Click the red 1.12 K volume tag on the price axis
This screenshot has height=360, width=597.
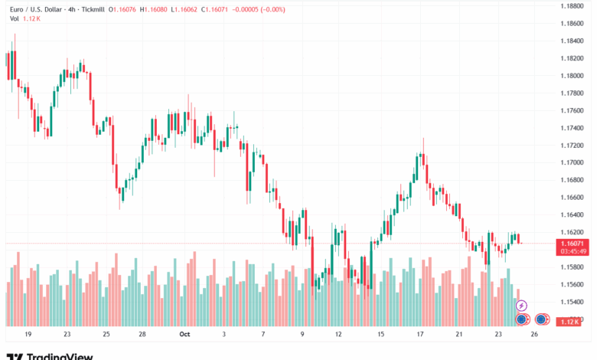click(x=569, y=322)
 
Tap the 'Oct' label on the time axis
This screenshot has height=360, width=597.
click(x=184, y=335)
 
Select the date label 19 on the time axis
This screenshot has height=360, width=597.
click(x=28, y=335)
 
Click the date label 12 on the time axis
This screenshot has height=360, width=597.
click(x=338, y=335)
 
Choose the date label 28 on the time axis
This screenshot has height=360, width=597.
click(x=143, y=335)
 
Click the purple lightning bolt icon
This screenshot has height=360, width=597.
click(x=521, y=306)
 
